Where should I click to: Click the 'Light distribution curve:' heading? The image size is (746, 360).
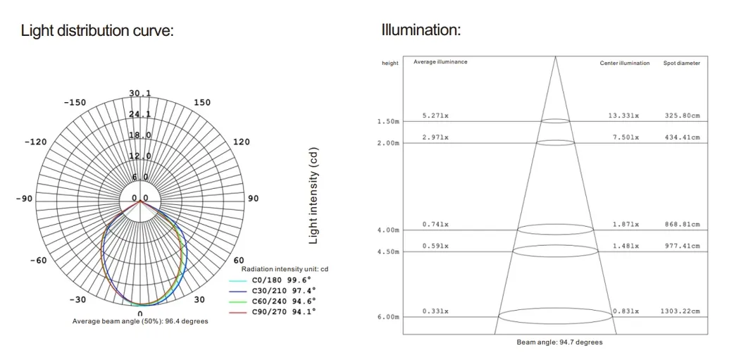97,31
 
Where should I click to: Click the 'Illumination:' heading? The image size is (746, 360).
421,30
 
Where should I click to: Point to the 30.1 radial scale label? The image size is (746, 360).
140,93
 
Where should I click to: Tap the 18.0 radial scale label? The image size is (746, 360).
140,135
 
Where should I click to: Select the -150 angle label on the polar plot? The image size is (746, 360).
75,103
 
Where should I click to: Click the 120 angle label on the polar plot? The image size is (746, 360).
242,142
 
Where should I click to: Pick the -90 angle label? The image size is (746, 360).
24,198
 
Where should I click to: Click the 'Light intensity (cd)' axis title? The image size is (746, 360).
313,195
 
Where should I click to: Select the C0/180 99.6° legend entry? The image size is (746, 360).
273,280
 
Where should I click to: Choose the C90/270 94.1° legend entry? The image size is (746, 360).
273,311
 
